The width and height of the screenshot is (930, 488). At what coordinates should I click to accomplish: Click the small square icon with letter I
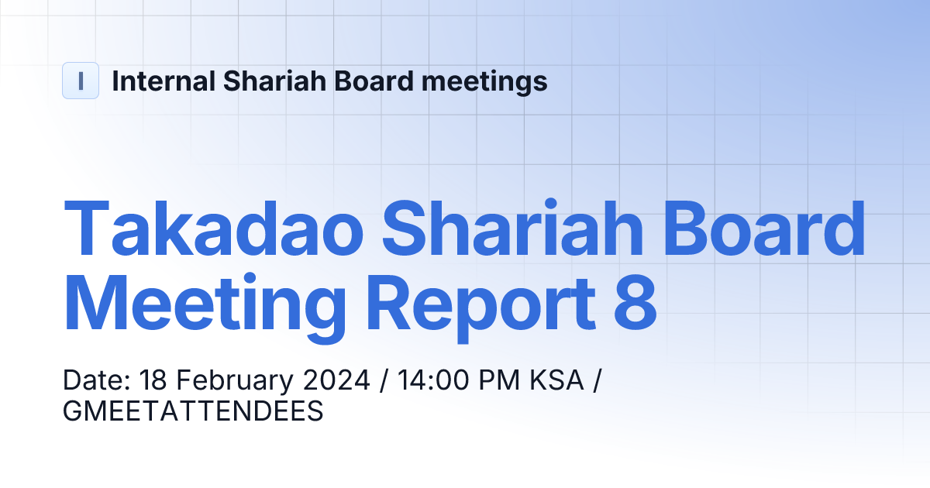pyautogui.click(x=81, y=81)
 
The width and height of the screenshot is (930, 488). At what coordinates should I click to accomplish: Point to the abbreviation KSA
pyautogui.click(x=556, y=381)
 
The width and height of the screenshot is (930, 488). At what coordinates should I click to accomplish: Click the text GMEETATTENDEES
pyautogui.click(x=192, y=411)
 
